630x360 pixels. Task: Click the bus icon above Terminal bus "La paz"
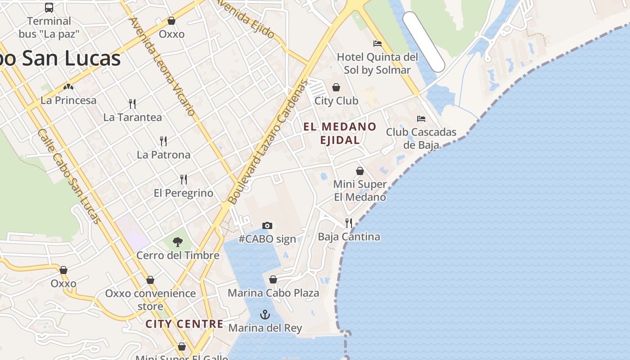click(49, 8)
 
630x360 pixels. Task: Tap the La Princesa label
click(68, 100)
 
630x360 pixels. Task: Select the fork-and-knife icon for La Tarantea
click(132, 104)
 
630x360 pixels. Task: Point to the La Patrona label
click(163, 155)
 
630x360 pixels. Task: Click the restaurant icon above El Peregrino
click(184, 180)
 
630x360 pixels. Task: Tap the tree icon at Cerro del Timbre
click(178, 242)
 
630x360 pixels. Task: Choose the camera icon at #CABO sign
click(267, 225)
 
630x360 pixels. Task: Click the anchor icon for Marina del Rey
click(265, 315)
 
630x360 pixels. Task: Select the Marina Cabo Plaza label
click(273, 293)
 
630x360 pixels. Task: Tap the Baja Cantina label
click(349, 237)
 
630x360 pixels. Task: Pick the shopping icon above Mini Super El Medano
click(360, 171)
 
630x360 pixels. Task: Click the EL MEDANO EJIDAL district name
click(340, 133)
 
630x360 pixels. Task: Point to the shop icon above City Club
click(336, 87)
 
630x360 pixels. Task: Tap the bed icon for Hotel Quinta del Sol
click(378, 44)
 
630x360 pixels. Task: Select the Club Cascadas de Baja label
click(421, 138)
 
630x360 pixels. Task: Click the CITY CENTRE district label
click(184, 324)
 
